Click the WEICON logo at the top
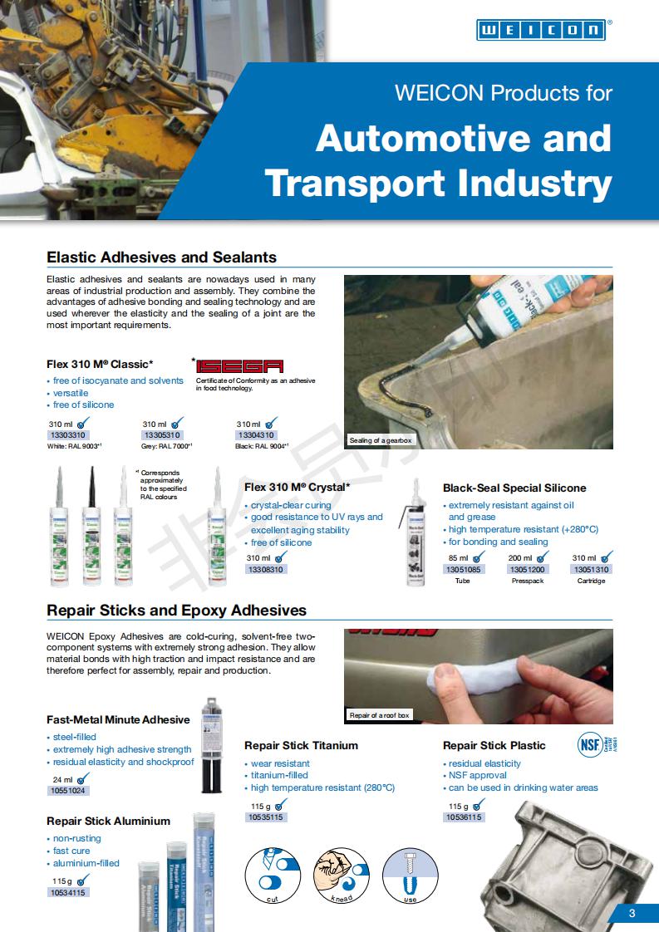click(541, 30)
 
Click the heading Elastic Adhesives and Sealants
click(161, 258)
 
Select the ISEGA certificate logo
click(240, 365)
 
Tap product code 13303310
click(68, 435)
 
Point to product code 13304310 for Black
click(256, 435)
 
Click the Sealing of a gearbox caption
click(381, 440)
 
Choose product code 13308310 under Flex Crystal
click(266, 570)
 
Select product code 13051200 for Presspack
click(527, 570)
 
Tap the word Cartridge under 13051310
click(591, 581)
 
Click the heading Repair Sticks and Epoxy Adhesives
click(176, 611)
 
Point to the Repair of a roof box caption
click(380, 715)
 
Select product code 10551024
click(68, 791)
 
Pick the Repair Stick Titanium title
click(301, 745)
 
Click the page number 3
click(632, 914)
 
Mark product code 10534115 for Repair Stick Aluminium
click(68, 892)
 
